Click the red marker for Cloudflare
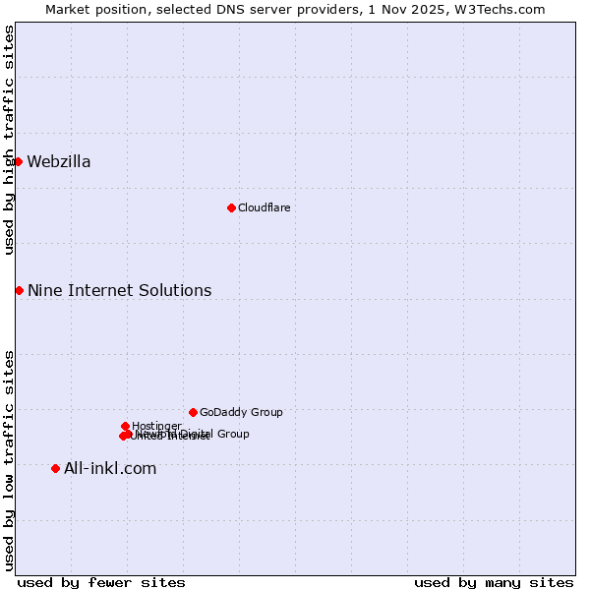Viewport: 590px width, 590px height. pyautogui.click(x=231, y=207)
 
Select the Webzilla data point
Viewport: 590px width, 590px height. pyautogui.click(x=18, y=161)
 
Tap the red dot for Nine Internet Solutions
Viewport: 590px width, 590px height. pyautogui.click(x=19, y=290)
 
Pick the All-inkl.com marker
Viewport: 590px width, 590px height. pyautogui.click(x=55, y=468)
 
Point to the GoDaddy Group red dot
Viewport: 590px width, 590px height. pyautogui.click(x=193, y=412)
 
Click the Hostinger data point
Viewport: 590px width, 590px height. pyautogui.click(x=125, y=426)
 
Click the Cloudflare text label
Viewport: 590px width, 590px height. pyautogui.click(x=264, y=207)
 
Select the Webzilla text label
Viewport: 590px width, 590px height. pyautogui.click(x=59, y=162)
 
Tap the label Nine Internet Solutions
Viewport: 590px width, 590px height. pyautogui.click(x=119, y=291)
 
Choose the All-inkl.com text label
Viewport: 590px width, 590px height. pyautogui.click(x=110, y=469)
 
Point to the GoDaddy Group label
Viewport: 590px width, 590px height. pyautogui.click(x=241, y=413)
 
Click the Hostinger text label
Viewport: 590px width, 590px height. pyautogui.click(x=156, y=426)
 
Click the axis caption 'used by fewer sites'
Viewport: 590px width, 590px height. pyautogui.click(x=101, y=582)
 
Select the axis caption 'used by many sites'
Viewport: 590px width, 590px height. pyautogui.click(x=494, y=582)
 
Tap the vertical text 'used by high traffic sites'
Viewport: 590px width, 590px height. pyautogui.click(x=9, y=140)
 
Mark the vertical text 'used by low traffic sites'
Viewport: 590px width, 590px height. pyautogui.click(x=9, y=459)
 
